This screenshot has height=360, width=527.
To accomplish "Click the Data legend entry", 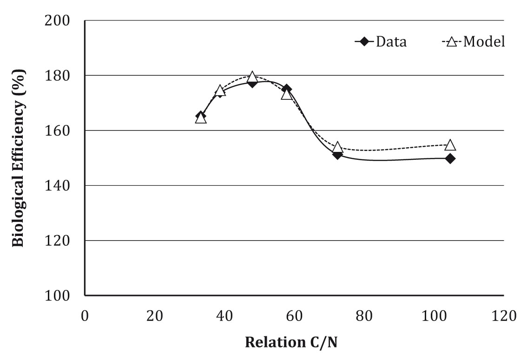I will click(381, 42).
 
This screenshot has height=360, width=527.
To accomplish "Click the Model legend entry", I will click(473, 42).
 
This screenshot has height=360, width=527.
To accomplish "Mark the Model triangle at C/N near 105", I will click(450, 145).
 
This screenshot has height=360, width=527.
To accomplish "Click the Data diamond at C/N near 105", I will click(450, 158).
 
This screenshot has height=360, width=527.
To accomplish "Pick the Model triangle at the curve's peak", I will click(252, 77).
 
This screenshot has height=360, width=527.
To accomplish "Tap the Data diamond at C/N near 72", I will click(337, 154).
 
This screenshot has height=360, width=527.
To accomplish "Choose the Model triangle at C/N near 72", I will click(337, 148).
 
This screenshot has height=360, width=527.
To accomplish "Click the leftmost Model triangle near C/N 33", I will click(201, 118).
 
